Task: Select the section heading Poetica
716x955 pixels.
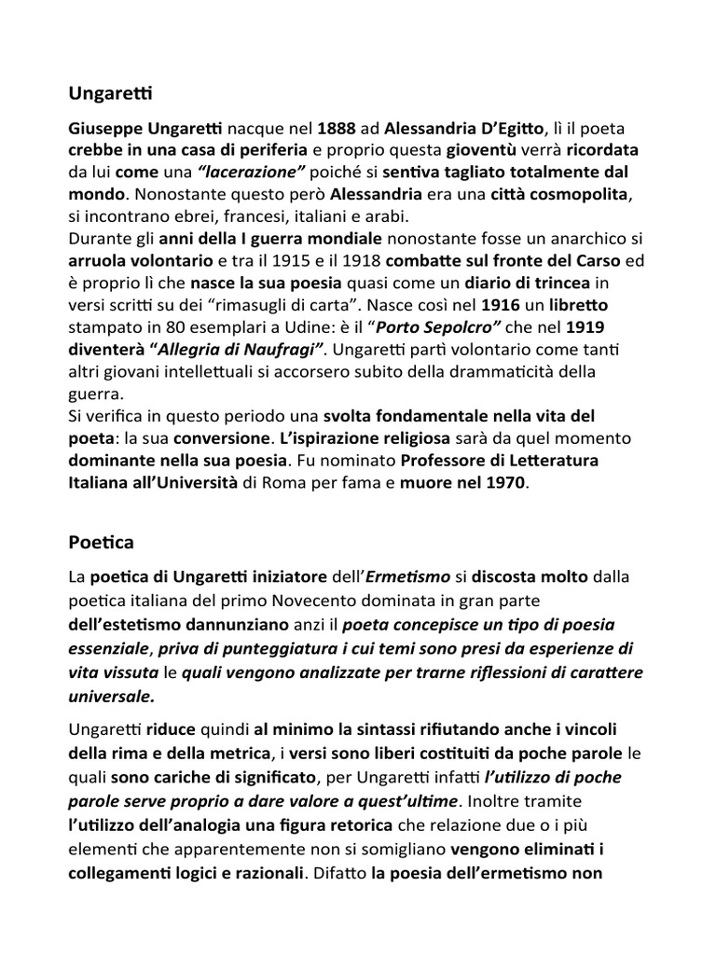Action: coord(102,542)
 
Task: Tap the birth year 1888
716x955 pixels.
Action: coord(337,128)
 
